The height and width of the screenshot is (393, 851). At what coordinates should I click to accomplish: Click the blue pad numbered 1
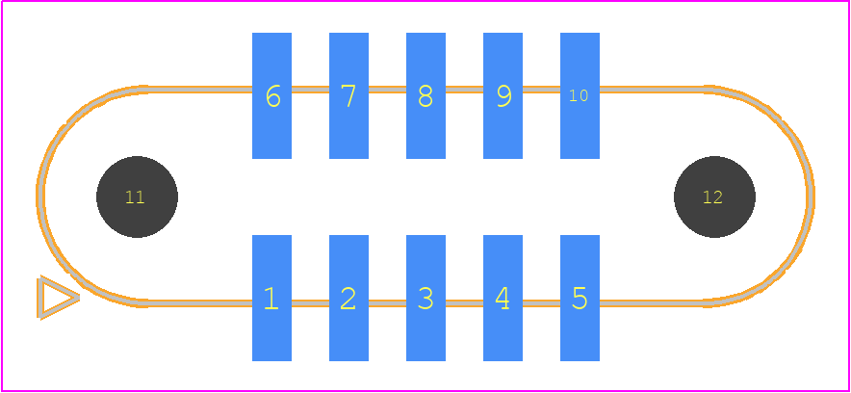pyautogui.click(x=271, y=298)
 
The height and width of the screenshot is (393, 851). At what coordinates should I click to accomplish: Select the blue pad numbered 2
pyautogui.click(x=349, y=298)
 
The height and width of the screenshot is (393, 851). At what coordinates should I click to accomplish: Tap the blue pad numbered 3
pyautogui.click(x=426, y=298)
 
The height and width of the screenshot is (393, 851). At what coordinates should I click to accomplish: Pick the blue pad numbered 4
pyautogui.click(x=503, y=298)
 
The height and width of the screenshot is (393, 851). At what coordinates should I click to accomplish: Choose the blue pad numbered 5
pyautogui.click(x=580, y=298)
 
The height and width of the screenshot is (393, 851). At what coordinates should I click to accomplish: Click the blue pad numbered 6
pyautogui.click(x=271, y=95)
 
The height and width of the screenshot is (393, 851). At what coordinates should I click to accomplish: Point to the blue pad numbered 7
pyautogui.click(x=349, y=95)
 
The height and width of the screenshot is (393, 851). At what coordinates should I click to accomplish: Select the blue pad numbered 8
pyautogui.click(x=426, y=95)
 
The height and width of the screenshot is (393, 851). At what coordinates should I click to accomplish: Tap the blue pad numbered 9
pyautogui.click(x=503, y=95)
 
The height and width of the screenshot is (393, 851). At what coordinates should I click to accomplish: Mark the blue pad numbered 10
pyautogui.click(x=580, y=95)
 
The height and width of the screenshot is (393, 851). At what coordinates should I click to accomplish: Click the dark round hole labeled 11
pyautogui.click(x=138, y=197)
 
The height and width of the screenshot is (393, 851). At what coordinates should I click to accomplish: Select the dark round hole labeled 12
pyautogui.click(x=714, y=197)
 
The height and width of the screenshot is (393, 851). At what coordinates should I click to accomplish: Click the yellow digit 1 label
pyautogui.click(x=271, y=299)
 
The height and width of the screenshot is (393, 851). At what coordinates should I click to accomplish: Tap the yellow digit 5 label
pyautogui.click(x=580, y=299)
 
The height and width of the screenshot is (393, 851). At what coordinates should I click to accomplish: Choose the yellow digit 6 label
pyautogui.click(x=273, y=96)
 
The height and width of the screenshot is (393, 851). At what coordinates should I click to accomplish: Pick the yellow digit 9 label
pyautogui.click(x=504, y=96)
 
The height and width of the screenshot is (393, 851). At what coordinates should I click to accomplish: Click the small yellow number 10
pyautogui.click(x=579, y=95)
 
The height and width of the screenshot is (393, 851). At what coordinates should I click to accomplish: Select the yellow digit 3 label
pyautogui.click(x=426, y=299)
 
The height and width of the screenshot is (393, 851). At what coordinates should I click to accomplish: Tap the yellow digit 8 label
pyautogui.click(x=426, y=96)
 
